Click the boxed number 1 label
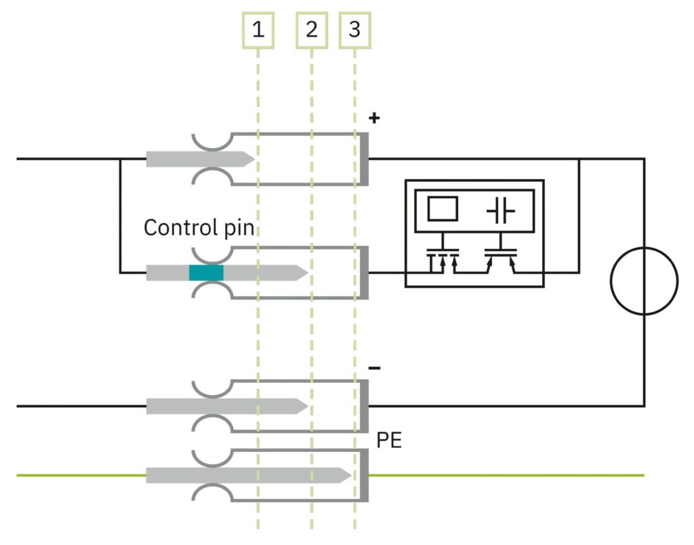pos(258,30)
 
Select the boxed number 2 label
pos(312,30)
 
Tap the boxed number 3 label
pos(355,30)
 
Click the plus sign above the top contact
pos(374,118)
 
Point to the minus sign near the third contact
pos(374,369)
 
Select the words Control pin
pos(199,227)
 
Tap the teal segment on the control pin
pos(206,273)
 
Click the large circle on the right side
pos(644,280)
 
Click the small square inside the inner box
pos(442,208)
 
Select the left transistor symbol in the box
pos(442,259)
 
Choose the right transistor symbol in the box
pos(500,259)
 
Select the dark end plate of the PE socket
pos(364,475)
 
